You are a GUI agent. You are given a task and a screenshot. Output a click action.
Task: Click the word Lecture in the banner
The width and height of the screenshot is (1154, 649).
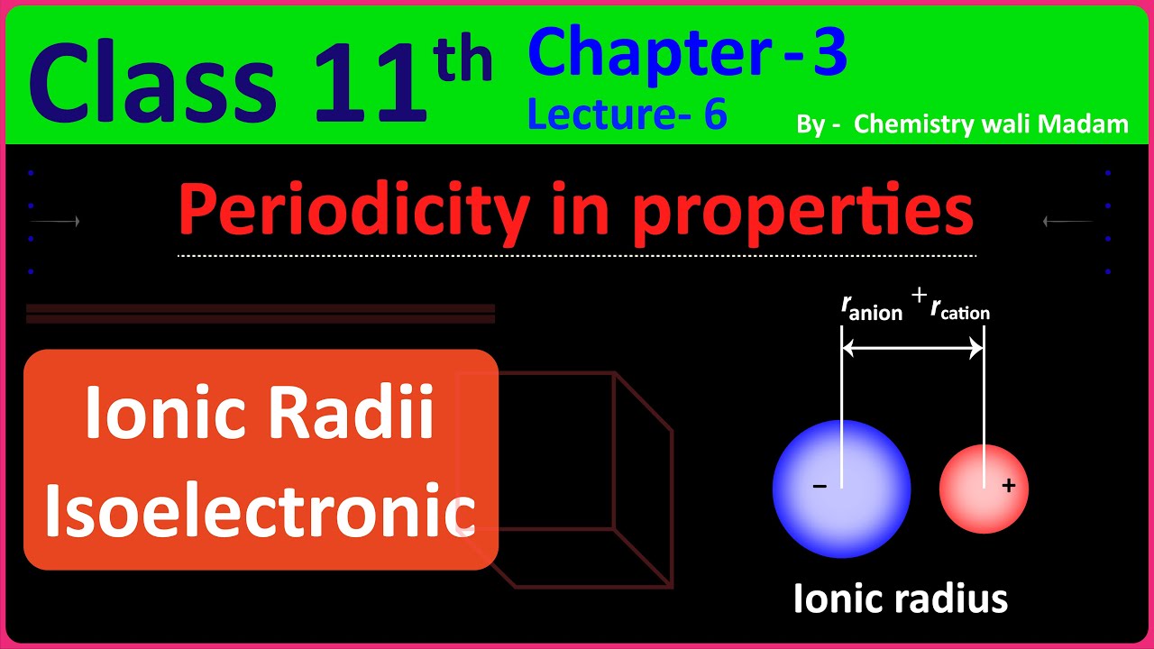click(x=597, y=114)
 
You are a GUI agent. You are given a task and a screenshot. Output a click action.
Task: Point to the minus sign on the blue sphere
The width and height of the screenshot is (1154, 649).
click(x=820, y=487)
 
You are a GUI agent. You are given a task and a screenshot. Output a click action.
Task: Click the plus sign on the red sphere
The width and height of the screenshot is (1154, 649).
click(x=1009, y=486)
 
